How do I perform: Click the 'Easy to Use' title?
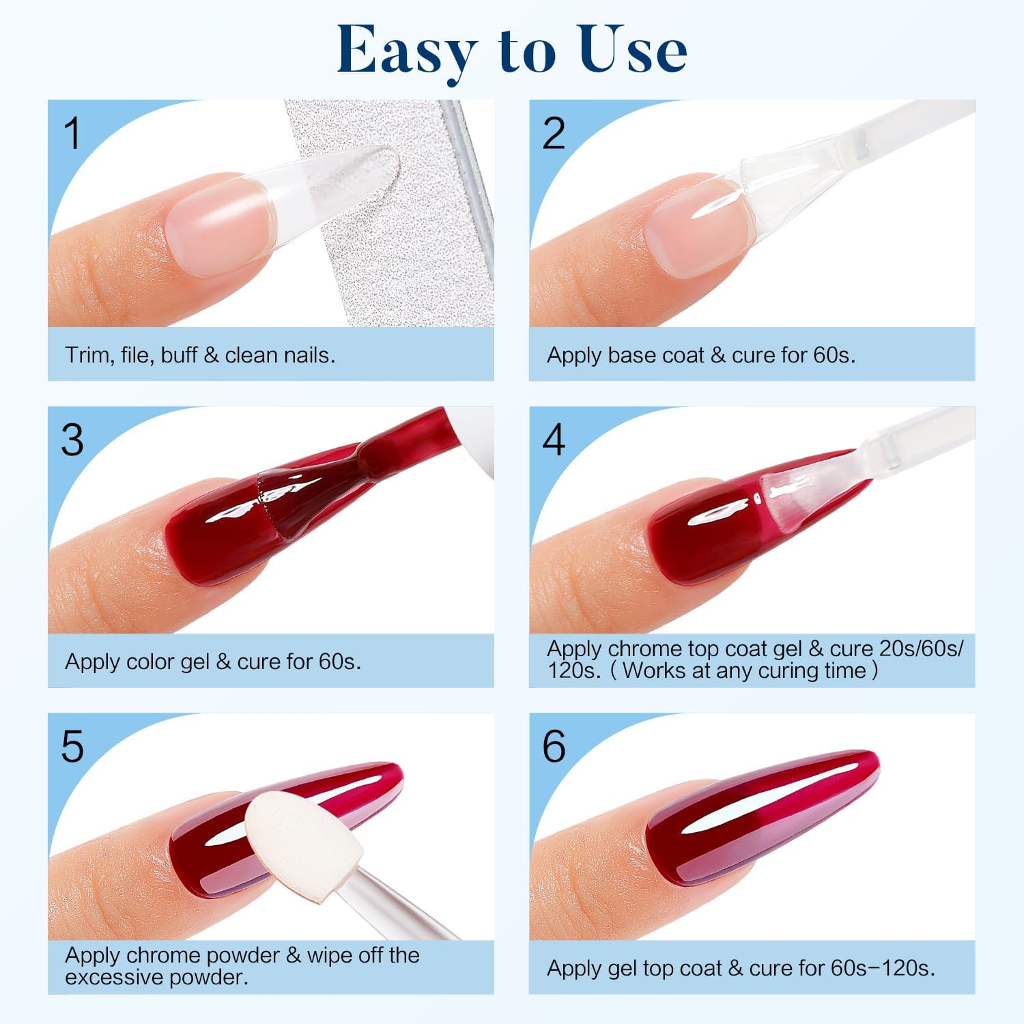pos(512,49)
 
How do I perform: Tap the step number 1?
pos(72,133)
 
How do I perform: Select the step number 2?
pos(554,133)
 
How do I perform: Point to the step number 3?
pos(72,440)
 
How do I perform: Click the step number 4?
pos(554,440)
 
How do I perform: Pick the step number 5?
pos(72,746)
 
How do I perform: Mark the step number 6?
pos(554,746)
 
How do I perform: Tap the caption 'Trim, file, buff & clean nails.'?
pos(200,355)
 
